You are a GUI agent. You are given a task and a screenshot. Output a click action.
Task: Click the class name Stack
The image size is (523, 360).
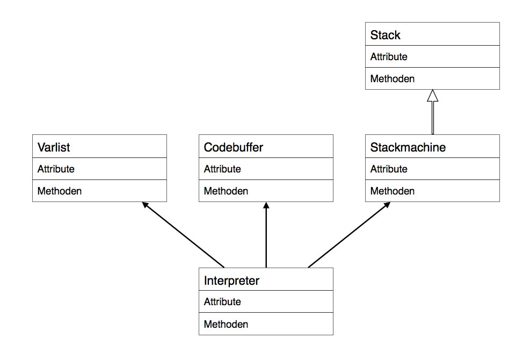(x=385, y=35)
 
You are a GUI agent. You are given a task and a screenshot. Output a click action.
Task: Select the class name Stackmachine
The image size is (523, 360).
(x=408, y=147)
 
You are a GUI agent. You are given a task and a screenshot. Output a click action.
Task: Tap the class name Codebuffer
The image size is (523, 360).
(x=234, y=147)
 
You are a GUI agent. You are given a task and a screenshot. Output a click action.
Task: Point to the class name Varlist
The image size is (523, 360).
(x=54, y=147)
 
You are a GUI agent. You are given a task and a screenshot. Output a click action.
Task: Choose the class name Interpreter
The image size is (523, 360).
(x=231, y=280)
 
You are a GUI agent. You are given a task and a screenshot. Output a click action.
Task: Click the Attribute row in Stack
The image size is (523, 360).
(x=389, y=57)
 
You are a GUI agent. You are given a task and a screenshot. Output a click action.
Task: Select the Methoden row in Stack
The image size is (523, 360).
(x=393, y=79)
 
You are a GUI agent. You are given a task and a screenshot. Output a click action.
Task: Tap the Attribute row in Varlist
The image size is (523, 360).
(x=56, y=169)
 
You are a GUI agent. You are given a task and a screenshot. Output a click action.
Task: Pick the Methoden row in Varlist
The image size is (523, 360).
(x=60, y=191)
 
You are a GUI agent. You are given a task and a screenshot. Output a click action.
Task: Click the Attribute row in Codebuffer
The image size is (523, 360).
(x=222, y=169)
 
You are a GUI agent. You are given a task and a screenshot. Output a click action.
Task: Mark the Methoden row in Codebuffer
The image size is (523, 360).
(x=226, y=191)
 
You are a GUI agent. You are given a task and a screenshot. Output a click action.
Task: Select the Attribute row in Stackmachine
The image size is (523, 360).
(x=389, y=169)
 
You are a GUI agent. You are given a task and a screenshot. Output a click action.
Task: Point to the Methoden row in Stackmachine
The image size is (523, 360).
(x=393, y=191)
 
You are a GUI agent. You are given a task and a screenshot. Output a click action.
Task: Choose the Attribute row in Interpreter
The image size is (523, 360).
(x=222, y=302)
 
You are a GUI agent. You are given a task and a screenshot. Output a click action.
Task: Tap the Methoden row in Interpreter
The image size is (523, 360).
(x=226, y=325)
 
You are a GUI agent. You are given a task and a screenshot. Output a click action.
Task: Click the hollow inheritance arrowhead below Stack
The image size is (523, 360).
(x=432, y=96)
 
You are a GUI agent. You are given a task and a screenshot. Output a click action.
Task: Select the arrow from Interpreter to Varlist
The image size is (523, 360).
(x=183, y=234)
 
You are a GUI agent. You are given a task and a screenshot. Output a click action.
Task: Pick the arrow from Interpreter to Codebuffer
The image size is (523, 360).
(x=266, y=236)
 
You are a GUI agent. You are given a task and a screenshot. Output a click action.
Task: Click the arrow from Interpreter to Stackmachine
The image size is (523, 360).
(x=349, y=234)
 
